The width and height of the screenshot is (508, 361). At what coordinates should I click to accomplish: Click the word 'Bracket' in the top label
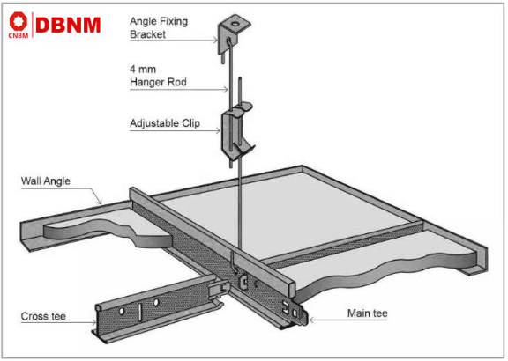(x=150, y=37)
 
